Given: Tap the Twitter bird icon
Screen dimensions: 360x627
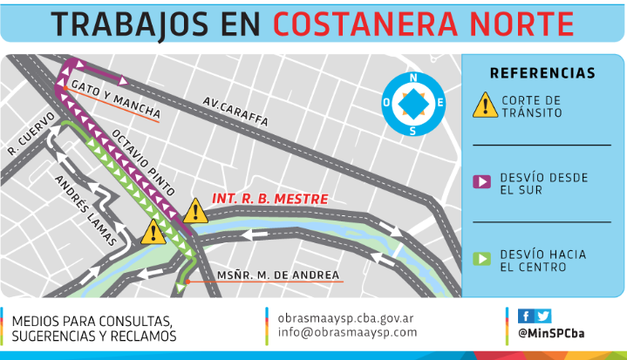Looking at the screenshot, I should coord(542,316).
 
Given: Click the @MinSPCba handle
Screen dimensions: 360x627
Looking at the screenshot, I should coord(549,333).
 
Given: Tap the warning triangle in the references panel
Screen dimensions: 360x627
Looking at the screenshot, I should coord(484,105).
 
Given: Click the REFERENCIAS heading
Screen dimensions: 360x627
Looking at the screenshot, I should coord(542,73).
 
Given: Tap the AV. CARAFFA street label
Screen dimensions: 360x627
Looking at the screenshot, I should coord(235,111).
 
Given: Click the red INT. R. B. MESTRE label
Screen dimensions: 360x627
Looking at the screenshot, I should coord(269,199).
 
